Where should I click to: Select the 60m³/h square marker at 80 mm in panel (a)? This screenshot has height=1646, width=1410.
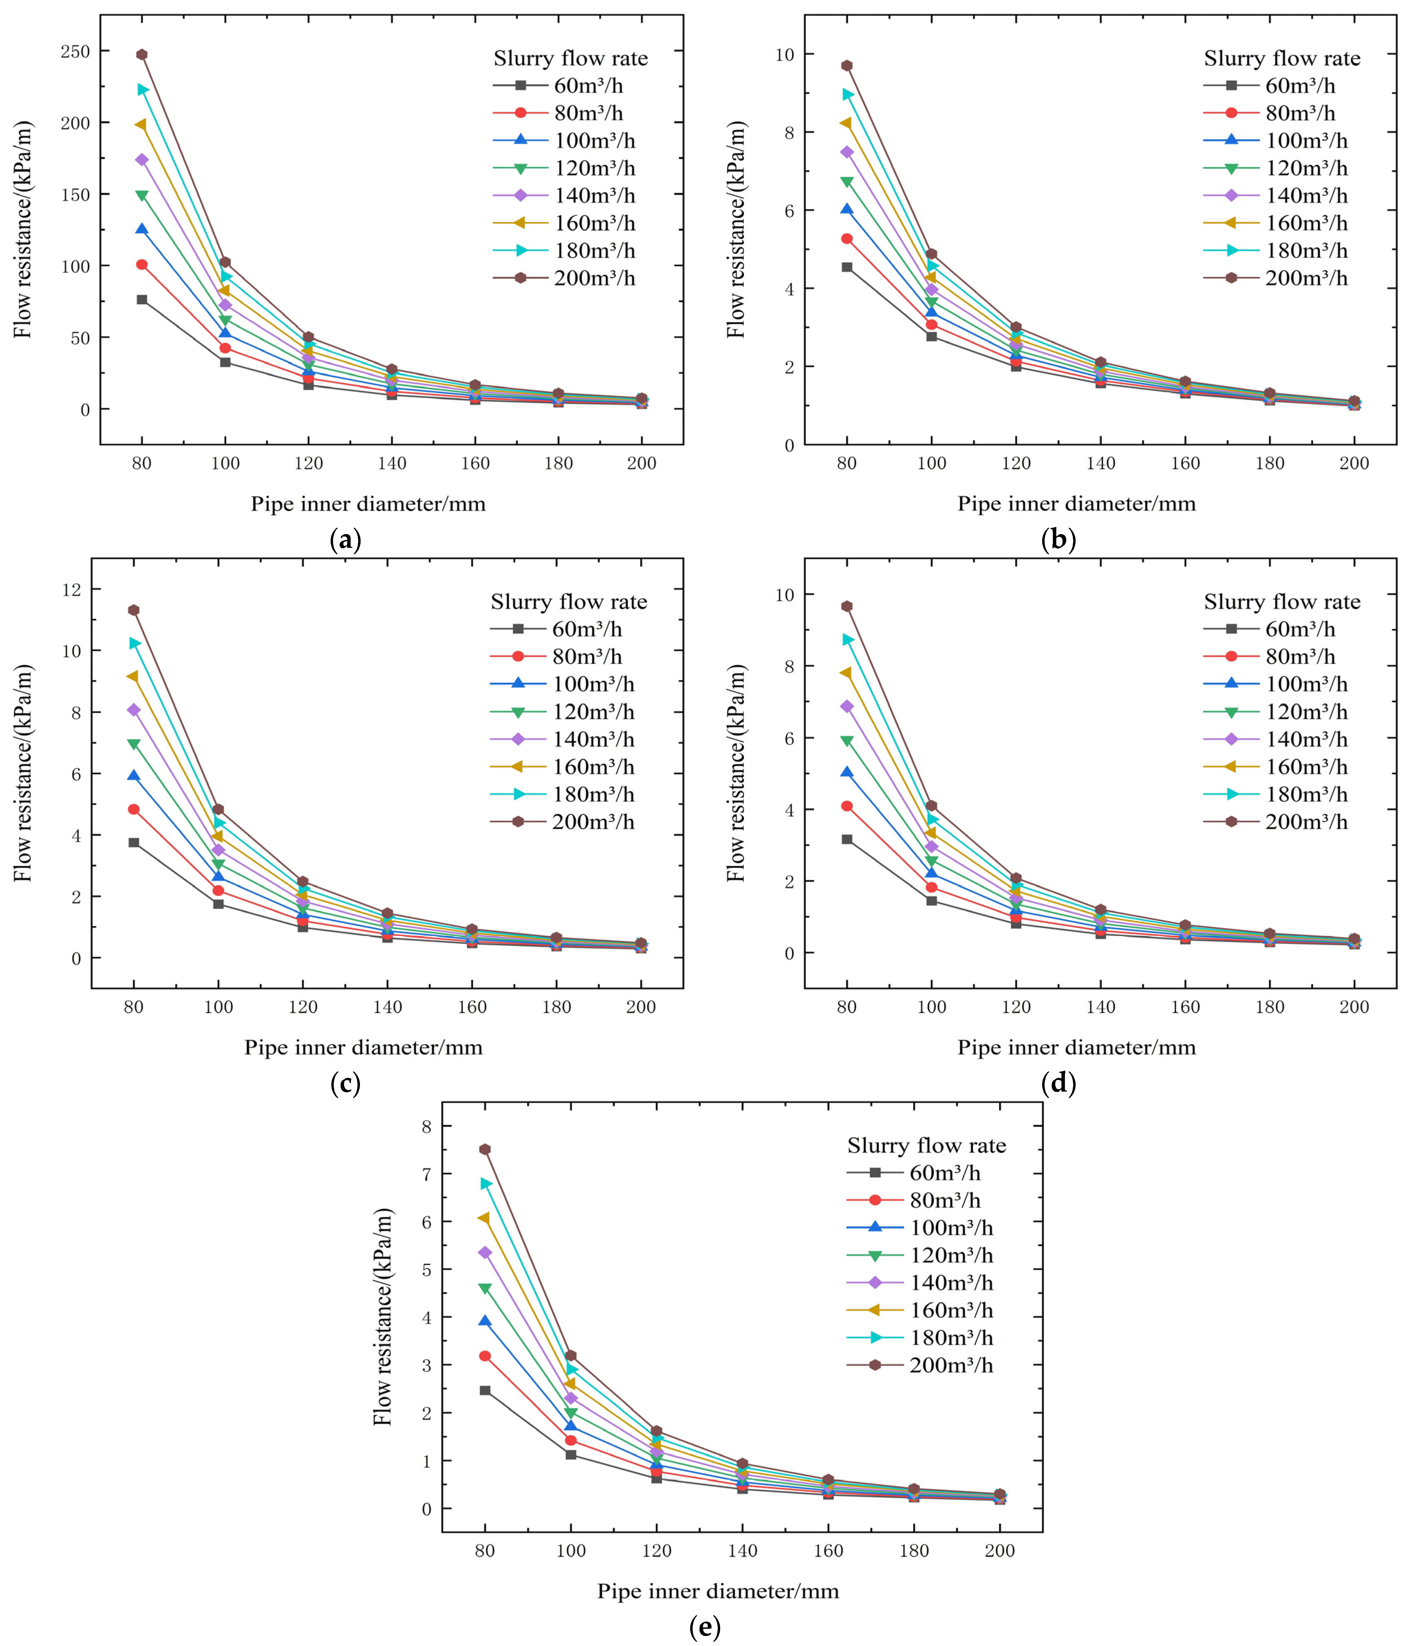(141, 299)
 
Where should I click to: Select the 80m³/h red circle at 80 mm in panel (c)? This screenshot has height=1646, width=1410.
(133, 809)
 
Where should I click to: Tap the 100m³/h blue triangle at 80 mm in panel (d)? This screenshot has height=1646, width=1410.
(847, 772)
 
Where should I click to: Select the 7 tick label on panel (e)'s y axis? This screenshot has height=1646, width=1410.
(427, 1174)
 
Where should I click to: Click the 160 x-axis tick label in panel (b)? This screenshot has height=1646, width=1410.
(1185, 463)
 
